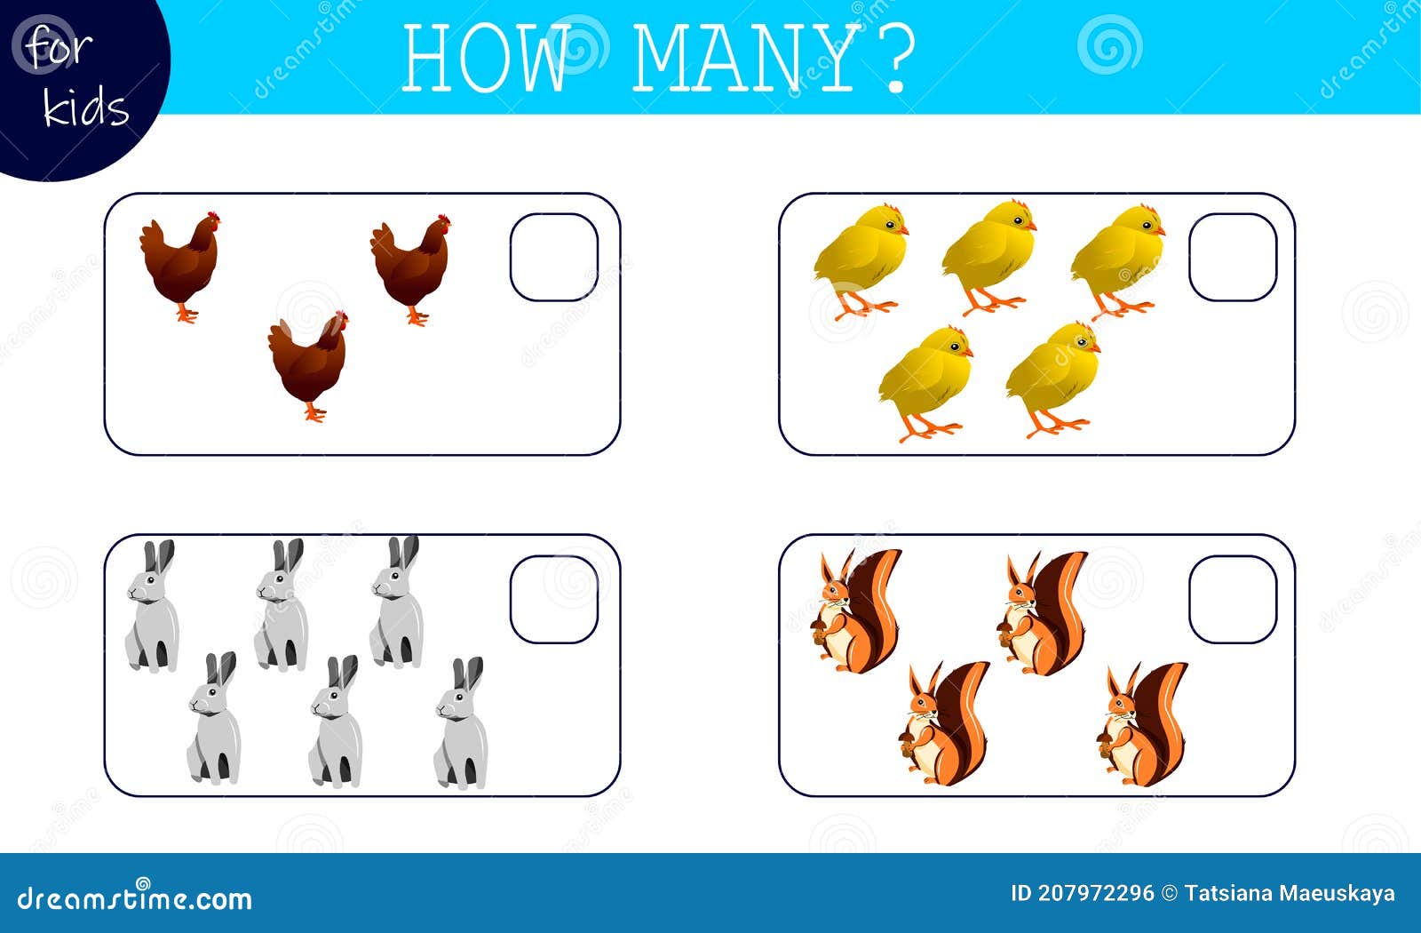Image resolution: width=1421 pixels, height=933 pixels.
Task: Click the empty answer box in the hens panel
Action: (x=553, y=257)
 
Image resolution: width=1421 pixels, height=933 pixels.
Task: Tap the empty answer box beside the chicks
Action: (x=1232, y=257)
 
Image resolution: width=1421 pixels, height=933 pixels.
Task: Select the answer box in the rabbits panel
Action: (x=553, y=599)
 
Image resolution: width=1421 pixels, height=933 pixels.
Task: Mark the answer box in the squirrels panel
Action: (x=1232, y=599)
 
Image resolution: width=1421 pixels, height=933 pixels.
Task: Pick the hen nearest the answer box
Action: (x=410, y=267)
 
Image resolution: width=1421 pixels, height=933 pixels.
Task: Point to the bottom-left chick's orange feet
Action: (x=929, y=430)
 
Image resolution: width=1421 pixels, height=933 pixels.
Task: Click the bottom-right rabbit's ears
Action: (x=468, y=674)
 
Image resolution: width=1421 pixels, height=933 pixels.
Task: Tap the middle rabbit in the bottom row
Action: (x=337, y=722)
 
